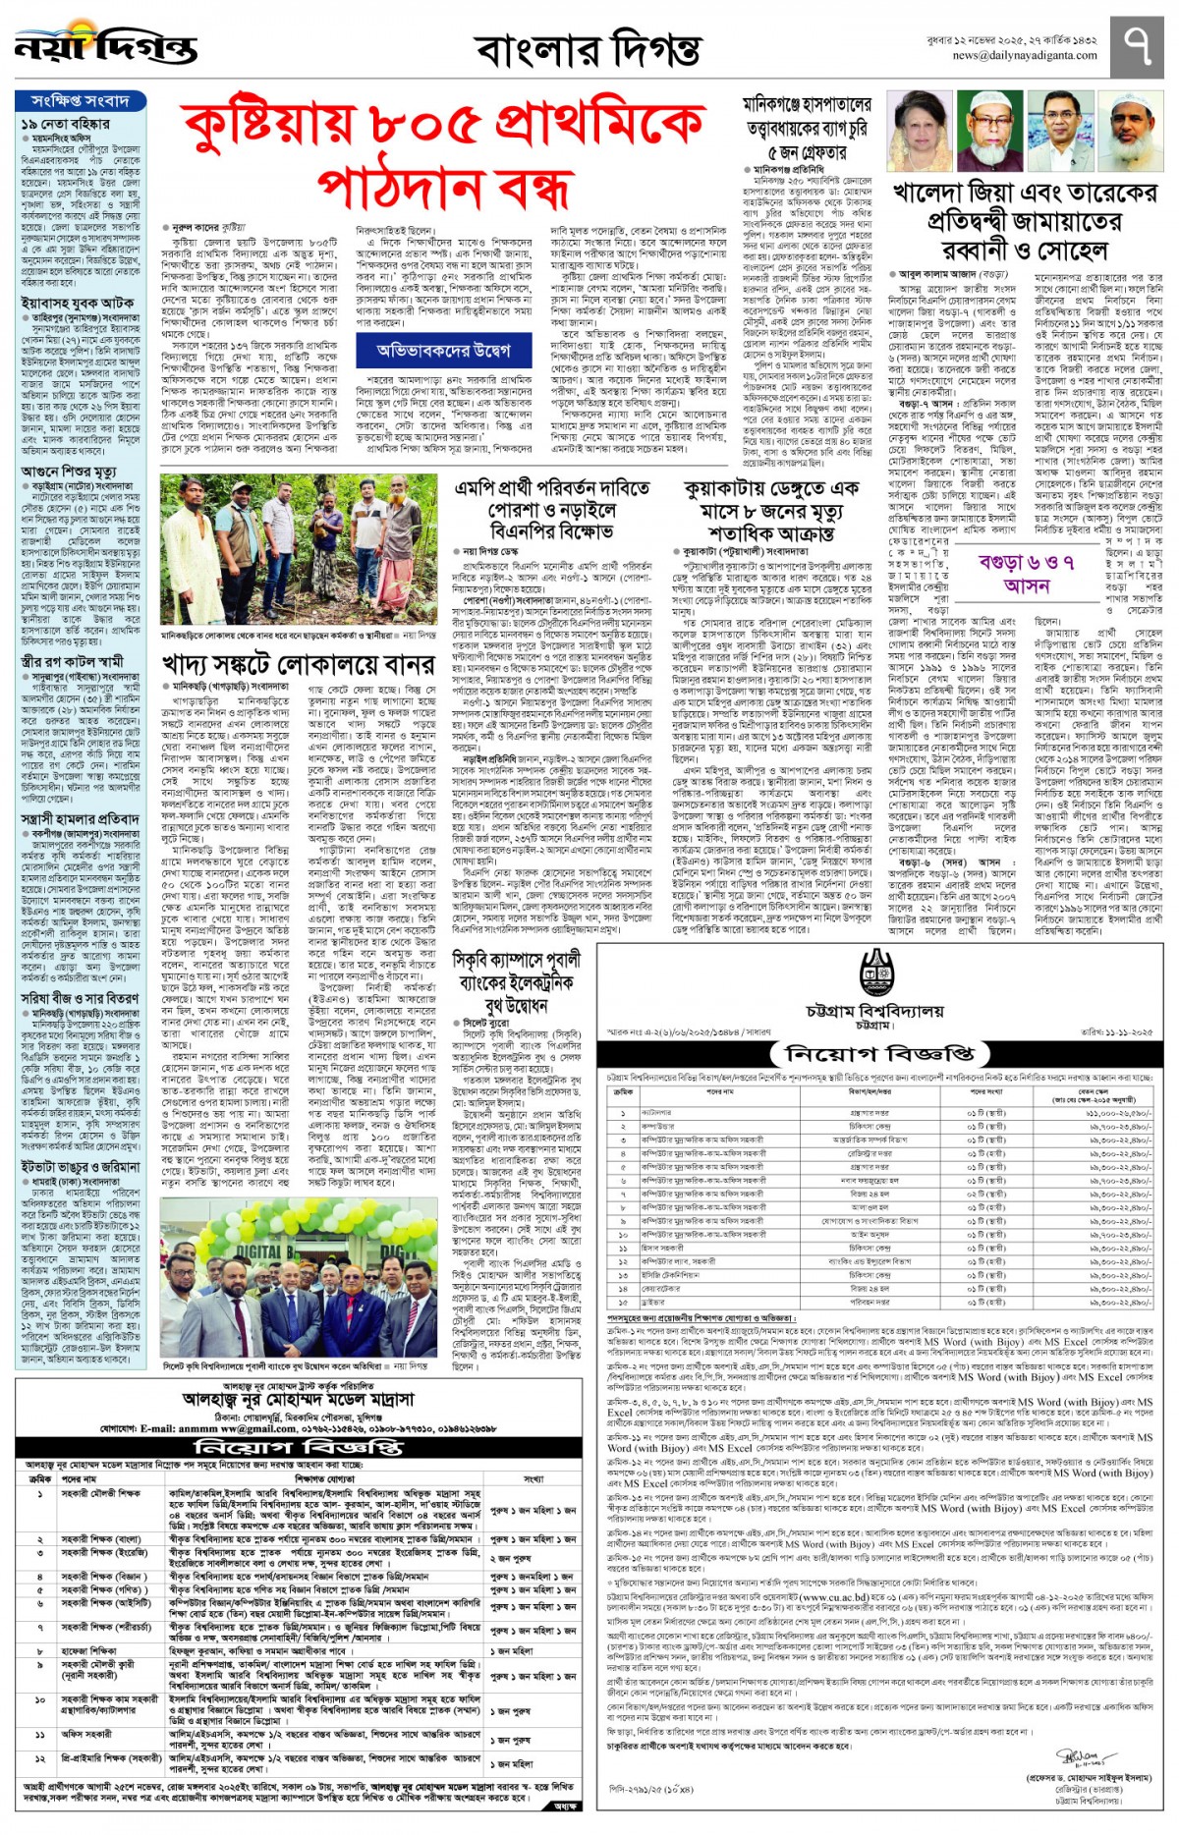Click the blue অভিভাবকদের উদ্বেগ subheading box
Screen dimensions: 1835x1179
click(x=443, y=350)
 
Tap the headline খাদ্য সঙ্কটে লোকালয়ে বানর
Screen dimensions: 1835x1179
click(x=298, y=665)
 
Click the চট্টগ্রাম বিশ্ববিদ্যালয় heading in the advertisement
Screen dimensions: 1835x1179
click(x=874, y=1012)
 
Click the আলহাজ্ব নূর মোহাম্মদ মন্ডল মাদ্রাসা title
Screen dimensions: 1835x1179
click(x=299, y=1398)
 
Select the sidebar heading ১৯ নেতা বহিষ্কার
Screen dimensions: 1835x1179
click(x=65, y=124)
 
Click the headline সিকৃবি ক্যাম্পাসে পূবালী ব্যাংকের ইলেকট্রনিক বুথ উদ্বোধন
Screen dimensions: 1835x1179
click(x=517, y=981)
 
